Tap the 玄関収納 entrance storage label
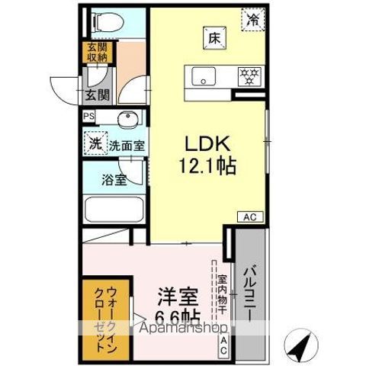coord(97,53)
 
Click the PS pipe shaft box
coord(90,117)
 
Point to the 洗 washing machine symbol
coord(95,143)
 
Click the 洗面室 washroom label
coord(127,144)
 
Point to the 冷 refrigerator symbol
coord(252,20)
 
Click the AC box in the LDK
coord(250,217)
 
